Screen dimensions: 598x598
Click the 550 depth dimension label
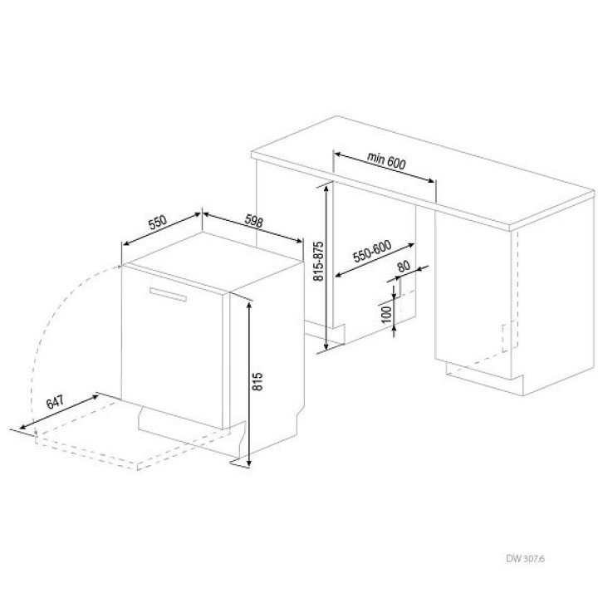pyautogui.click(x=158, y=223)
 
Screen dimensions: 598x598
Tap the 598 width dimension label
pyautogui.click(x=253, y=221)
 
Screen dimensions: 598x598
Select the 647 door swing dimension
pyautogui.click(x=55, y=402)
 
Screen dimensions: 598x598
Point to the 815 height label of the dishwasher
pyautogui.click(x=257, y=381)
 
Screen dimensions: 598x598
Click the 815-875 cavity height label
pyautogui.click(x=318, y=262)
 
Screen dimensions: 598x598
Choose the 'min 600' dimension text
pyautogui.click(x=386, y=159)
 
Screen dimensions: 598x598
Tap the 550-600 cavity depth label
pyautogui.click(x=372, y=252)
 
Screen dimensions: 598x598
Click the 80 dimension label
pyautogui.click(x=404, y=267)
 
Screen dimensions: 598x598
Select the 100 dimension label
pyautogui.click(x=386, y=315)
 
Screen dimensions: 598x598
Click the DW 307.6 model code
pyautogui.click(x=525, y=559)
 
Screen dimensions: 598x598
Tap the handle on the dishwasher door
pyautogui.click(x=168, y=294)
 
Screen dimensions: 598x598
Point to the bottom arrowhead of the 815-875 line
pyautogui.click(x=326, y=346)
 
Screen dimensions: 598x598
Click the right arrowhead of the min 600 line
pyautogui.click(x=430, y=180)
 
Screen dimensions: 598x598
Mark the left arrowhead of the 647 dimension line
pyautogui.click(x=24, y=426)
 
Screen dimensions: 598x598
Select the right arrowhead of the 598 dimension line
pyautogui.click(x=298, y=240)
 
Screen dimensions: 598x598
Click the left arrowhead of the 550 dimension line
pyautogui.click(x=127, y=244)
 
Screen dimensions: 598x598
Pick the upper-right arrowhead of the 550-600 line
pyautogui.click(x=410, y=246)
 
